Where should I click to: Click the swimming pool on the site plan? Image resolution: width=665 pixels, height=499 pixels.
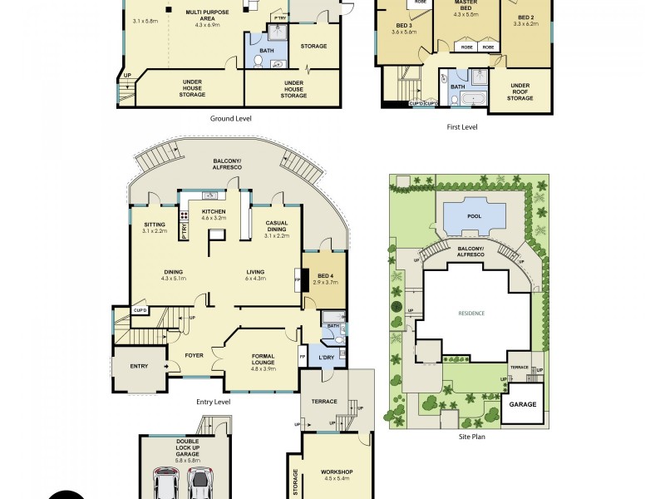(474, 216)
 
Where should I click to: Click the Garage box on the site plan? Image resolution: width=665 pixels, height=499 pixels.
(523, 405)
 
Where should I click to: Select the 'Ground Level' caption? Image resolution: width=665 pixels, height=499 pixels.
(230, 119)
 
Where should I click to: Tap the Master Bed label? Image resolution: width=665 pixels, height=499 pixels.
(466, 9)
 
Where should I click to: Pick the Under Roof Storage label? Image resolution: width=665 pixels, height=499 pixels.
(520, 91)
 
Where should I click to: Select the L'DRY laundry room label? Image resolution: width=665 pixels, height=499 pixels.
(326, 358)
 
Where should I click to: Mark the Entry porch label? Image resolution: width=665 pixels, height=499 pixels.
(140, 365)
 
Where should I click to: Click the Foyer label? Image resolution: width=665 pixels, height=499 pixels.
(194, 356)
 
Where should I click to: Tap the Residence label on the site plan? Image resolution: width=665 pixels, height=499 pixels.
(471, 313)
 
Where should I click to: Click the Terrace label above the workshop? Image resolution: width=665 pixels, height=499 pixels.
(324, 402)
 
